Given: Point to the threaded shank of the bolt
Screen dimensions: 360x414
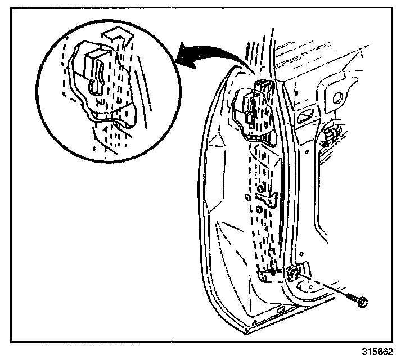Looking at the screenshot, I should [x=352, y=297].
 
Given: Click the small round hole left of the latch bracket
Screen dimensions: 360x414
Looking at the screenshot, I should [x=247, y=196].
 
